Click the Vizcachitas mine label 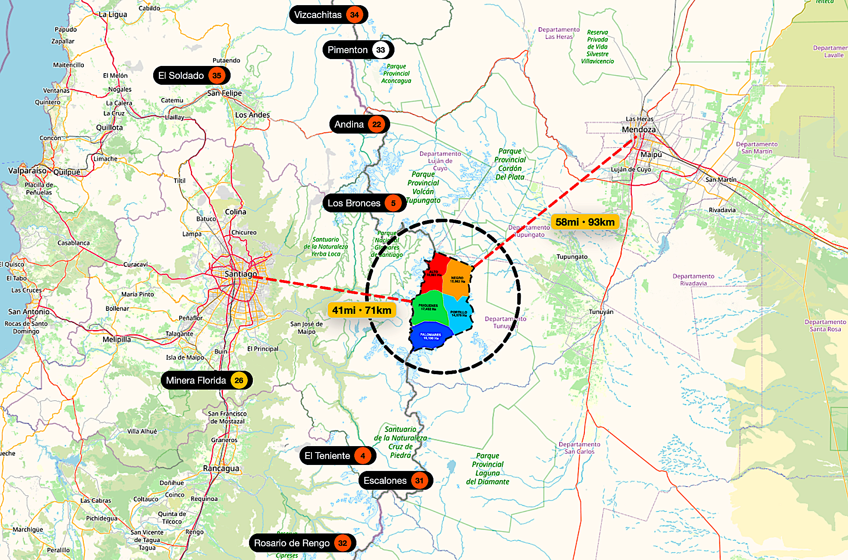318,15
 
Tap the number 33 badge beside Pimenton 380,50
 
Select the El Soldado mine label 181,76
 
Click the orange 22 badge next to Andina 377,125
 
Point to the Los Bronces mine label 354,203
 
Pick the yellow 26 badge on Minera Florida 239,380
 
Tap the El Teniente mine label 327,456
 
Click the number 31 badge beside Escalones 419,481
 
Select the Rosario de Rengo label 292,543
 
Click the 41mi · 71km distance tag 362,310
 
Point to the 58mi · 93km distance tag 585,222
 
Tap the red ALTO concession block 434,274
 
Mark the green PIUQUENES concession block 429,307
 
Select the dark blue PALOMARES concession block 430,337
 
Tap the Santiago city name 241,274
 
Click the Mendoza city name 638,129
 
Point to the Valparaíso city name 27,170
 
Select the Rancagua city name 221,468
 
